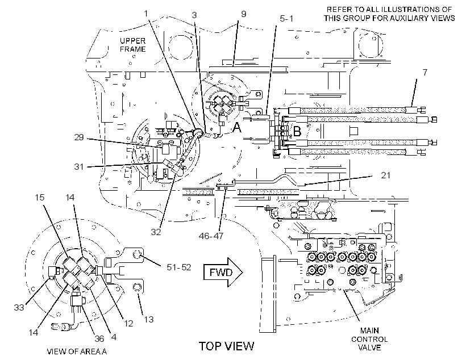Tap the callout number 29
click(x=79, y=137)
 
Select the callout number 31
click(x=79, y=166)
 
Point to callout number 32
click(x=156, y=232)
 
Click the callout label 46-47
click(x=211, y=236)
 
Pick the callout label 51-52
click(x=179, y=267)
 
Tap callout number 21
click(x=385, y=175)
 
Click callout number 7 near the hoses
click(x=425, y=72)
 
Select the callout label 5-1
click(x=286, y=18)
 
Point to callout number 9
click(x=244, y=14)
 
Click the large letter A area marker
click(x=237, y=128)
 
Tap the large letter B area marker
click(x=297, y=131)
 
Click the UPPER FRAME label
click(x=132, y=45)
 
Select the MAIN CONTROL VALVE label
click(x=369, y=339)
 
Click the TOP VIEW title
click(x=226, y=346)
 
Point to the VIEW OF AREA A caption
click(x=77, y=351)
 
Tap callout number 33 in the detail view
click(x=19, y=307)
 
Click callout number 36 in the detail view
click(x=99, y=338)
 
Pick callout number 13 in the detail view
click(x=148, y=319)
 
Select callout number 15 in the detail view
click(x=40, y=197)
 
